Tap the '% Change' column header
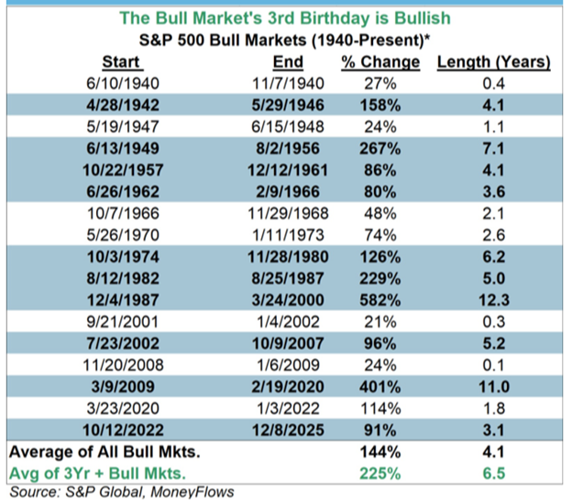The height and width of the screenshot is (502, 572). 380,62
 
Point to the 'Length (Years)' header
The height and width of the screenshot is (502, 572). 493,62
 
